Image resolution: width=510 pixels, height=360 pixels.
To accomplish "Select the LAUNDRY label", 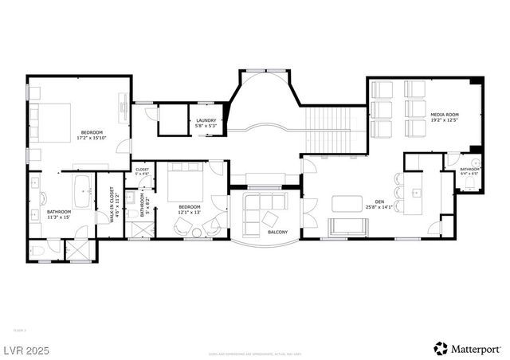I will [206, 120].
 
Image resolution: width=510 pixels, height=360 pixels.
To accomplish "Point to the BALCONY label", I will [277, 232].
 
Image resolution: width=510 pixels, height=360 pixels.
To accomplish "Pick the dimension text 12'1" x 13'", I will [190, 212].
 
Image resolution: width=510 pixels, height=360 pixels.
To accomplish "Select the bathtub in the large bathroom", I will [81, 190].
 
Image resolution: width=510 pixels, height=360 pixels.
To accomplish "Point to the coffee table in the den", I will [347, 203].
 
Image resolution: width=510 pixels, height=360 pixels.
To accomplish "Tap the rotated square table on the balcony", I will [271, 219].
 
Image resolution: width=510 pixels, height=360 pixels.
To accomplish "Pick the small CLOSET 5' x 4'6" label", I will [142, 171].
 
